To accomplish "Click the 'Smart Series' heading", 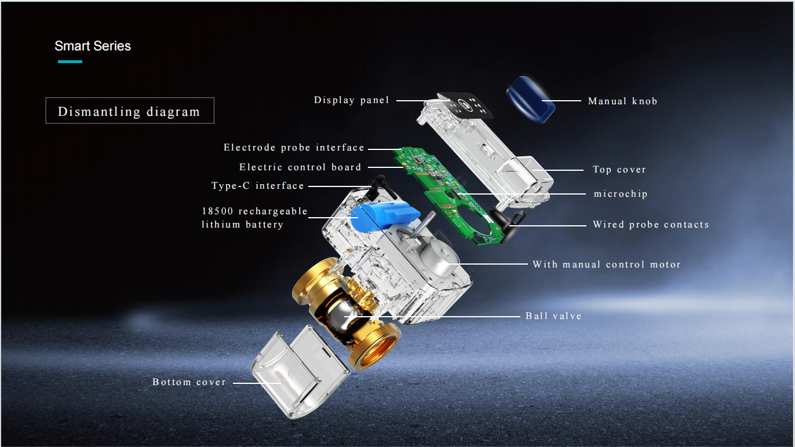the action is tap(93, 46).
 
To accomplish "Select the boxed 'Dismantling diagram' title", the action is tap(130, 111).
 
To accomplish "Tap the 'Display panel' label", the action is tap(351, 100).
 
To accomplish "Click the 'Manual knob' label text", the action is tap(622, 101).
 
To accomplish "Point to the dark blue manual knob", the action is tap(531, 100).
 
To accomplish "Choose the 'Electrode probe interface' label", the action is tap(294, 148).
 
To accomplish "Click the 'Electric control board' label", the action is tap(300, 167).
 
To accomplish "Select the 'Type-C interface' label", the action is tap(258, 186).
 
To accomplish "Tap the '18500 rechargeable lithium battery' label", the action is tap(254, 218).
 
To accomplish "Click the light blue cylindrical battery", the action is tap(384, 215).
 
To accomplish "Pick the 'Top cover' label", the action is tap(619, 170).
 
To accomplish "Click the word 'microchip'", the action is tap(621, 194).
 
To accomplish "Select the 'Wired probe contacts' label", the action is tap(651, 225).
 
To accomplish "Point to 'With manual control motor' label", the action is tap(607, 264).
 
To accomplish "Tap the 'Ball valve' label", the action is tap(554, 316).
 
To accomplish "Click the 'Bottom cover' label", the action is tap(189, 382).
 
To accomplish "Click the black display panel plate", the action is tap(465, 105).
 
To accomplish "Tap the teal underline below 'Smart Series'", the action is tap(70, 62).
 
